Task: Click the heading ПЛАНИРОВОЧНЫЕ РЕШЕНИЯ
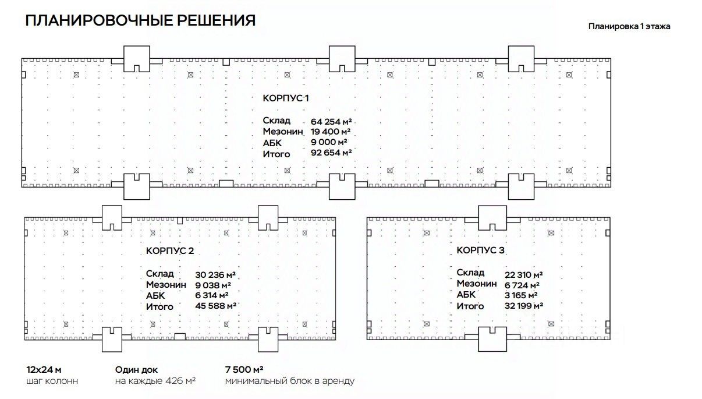click(x=141, y=20)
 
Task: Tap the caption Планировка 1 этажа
click(x=629, y=26)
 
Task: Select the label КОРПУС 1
click(x=286, y=98)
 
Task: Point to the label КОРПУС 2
click(x=169, y=251)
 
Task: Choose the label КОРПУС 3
click(x=480, y=250)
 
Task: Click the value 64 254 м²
click(x=331, y=121)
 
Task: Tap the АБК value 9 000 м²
click(x=329, y=142)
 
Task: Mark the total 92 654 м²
click(x=331, y=153)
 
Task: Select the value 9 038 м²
click(x=213, y=285)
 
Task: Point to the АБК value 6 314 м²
click(x=212, y=295)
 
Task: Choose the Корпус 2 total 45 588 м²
click(x=215, y=306)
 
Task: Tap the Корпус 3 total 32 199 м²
click(x=524, y=306)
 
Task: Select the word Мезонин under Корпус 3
click(x=477, y=284)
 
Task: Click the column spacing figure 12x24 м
click(x=44, y=370)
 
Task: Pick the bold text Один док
click(x=137, y=370)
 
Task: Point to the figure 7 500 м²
click(x=244, y=370)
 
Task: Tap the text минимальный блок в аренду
click(x=290, y=382)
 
